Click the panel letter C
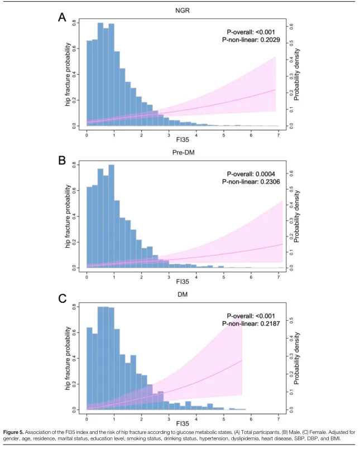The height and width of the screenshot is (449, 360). pyautogui.click(x=63, y=298)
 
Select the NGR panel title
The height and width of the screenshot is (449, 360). pyautogui.click(x=182, y=9)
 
